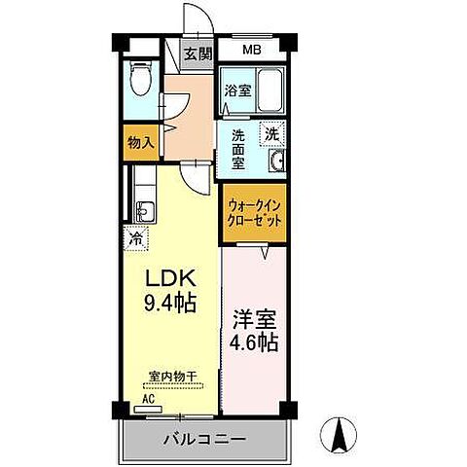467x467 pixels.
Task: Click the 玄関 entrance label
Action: (199, 54)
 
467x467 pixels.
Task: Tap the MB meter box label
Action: (252, 50)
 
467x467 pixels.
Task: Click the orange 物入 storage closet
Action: (140, 142)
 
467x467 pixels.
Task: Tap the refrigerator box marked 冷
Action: (137, 236)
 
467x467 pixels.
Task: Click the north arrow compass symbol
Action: (341, 435)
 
